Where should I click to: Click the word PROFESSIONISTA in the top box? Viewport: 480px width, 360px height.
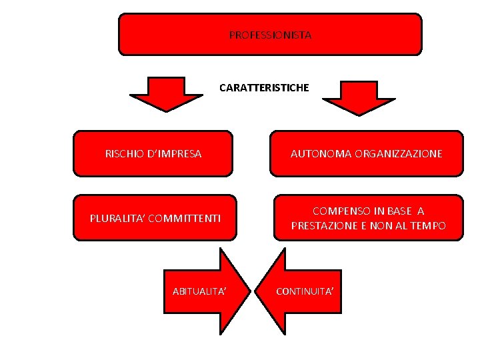click(x=270, y=35)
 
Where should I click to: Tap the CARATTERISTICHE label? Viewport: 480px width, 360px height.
click(x=264, y=87)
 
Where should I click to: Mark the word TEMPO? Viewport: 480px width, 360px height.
click(x=429, y=226)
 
